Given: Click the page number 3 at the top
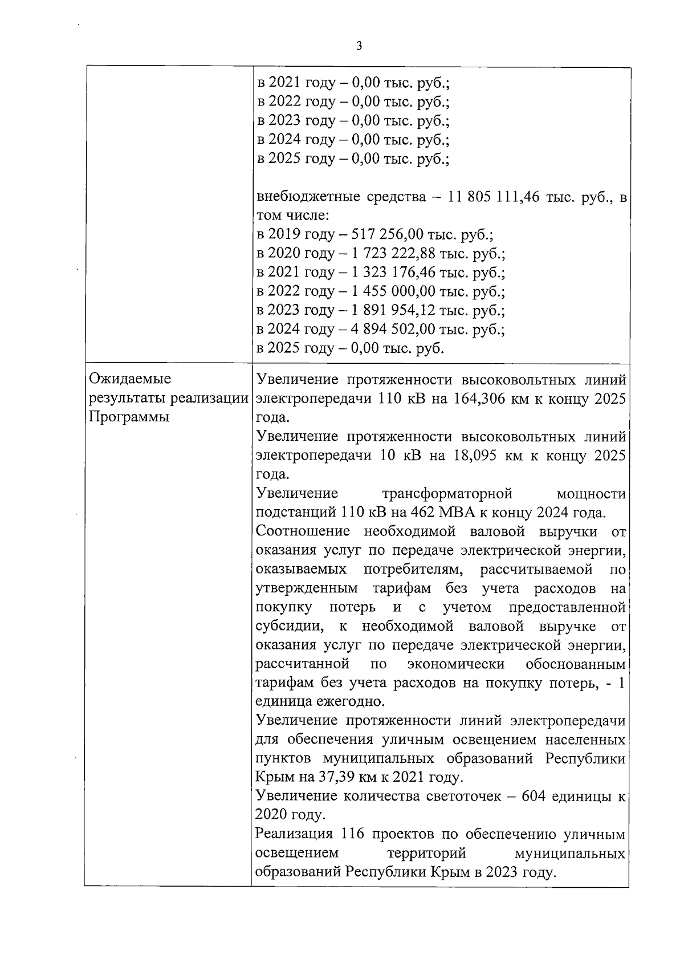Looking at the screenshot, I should [359, 46].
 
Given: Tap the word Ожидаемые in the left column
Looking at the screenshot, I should [127, 379].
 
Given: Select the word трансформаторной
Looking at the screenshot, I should [447, 493].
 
